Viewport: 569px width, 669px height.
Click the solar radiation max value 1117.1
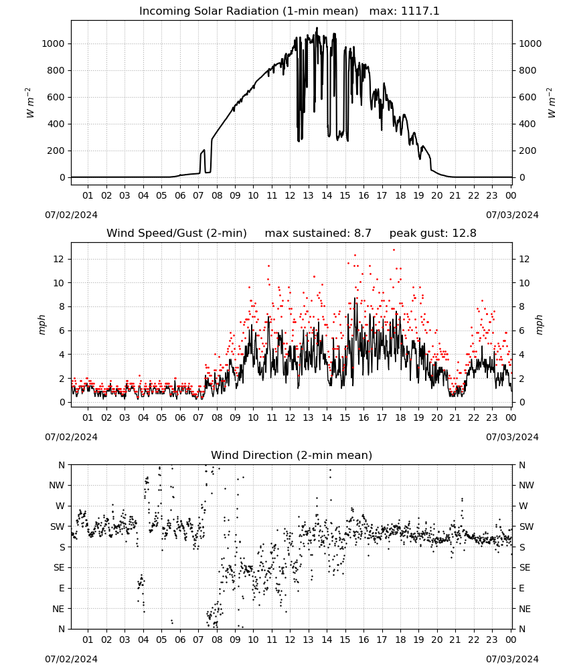420,11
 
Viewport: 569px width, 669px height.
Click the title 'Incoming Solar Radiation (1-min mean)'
248,11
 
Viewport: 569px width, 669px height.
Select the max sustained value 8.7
362,233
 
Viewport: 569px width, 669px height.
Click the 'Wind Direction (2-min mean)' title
292,455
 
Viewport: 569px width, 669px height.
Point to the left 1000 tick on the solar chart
53,43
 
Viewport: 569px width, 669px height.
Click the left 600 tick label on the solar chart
56,97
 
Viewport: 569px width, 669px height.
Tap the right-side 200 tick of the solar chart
527,151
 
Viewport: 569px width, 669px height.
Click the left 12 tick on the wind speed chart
59,259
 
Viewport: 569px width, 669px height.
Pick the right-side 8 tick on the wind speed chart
521,307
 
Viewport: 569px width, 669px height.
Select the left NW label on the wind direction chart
57,486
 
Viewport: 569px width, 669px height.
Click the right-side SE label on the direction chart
525,567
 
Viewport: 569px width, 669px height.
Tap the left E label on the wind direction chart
62,588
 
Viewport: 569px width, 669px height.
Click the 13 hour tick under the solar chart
308,195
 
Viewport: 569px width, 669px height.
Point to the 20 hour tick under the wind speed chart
436,417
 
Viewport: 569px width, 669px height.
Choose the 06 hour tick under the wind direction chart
179,640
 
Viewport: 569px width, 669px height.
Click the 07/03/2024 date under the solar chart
512,215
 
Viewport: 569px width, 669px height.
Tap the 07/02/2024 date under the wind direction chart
71,659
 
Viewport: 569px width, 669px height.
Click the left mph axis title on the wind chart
42,324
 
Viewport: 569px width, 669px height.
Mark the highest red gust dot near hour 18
394,250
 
